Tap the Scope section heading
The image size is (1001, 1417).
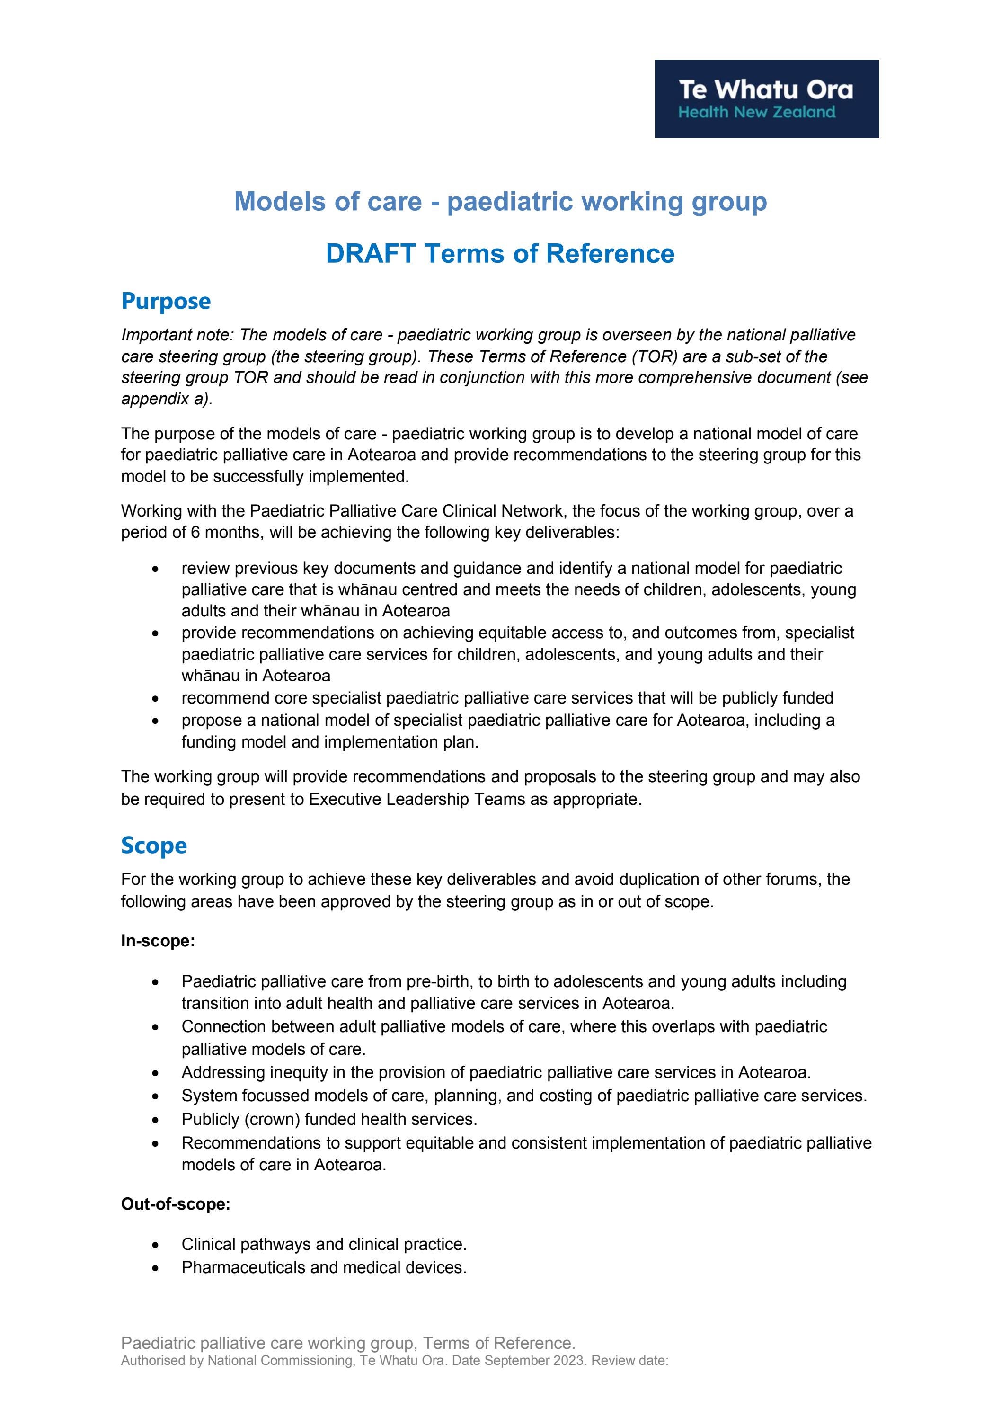coord(154,846)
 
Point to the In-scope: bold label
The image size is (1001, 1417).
coord(158,941)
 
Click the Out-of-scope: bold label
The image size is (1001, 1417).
coord(175,1204)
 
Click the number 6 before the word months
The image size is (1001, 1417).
coord(195,532)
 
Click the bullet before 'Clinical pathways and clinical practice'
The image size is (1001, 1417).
coord(156,1245)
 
